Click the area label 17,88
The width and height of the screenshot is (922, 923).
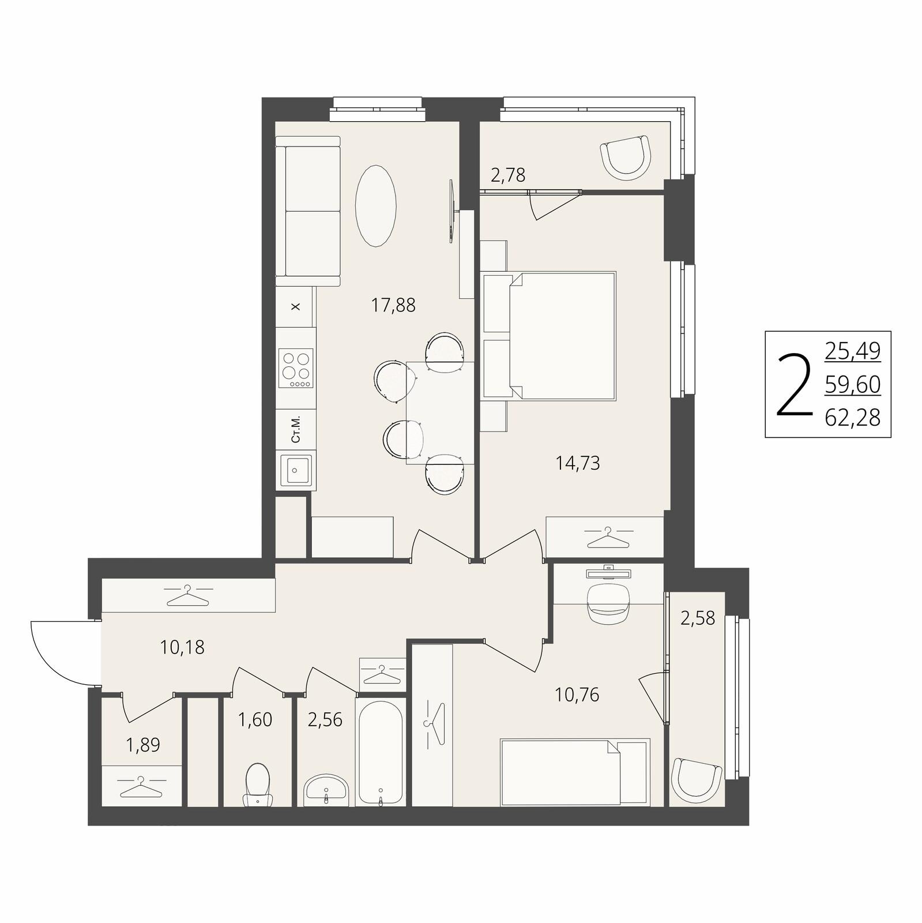click(393, 305)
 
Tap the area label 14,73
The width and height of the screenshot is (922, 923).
click(578, 463)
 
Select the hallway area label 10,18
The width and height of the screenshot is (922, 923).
click(182, 647)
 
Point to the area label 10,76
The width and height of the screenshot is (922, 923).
click(577, 695)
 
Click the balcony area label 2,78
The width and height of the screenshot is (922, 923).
click(508, 175)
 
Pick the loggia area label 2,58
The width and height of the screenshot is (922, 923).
click(698, 618)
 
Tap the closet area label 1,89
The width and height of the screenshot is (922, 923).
click(143, 745)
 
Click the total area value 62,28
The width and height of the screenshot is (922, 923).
click(853, 417)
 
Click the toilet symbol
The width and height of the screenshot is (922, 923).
click(257, 785)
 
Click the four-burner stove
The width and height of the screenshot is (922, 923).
click(296, 368)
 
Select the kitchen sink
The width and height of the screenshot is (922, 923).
click(296, 470)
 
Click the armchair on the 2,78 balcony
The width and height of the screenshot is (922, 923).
click(626, 156)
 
